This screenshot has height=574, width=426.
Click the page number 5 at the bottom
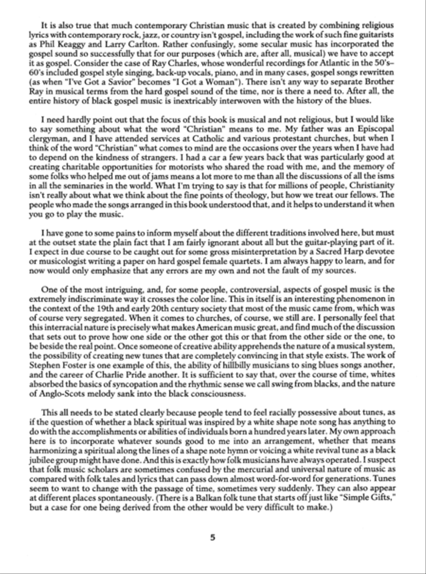(213, 537)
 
